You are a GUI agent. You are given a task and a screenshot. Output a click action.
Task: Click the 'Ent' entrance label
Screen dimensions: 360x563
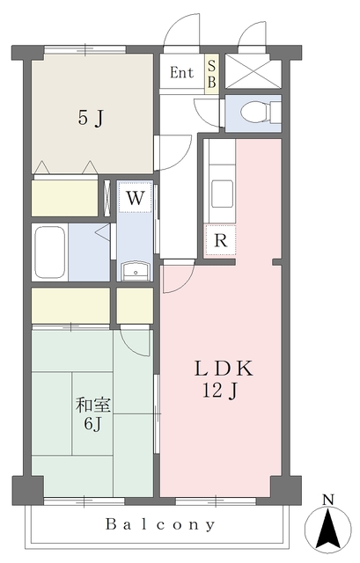coord(182,73)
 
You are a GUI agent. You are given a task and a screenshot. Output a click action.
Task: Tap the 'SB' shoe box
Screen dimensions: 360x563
coord(211,74)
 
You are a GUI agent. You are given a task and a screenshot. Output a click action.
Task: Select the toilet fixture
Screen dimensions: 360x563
coord(261,112)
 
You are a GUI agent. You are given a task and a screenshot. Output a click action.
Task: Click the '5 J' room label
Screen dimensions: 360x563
coord(91,118)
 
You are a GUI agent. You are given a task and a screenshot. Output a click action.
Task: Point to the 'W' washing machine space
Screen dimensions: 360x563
coord(136,197)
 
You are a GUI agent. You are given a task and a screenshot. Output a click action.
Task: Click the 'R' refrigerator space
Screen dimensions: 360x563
coord(220,240)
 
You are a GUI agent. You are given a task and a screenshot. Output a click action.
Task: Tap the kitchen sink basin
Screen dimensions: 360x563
coord(222,194)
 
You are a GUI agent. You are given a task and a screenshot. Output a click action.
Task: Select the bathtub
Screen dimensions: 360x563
coord(49,252)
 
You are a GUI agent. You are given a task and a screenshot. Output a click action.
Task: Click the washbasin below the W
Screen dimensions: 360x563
coord(136,270)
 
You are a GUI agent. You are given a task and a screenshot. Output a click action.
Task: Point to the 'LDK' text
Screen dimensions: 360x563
coord(224,369)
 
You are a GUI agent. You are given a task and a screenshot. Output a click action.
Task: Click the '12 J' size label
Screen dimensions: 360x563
coord(220,391)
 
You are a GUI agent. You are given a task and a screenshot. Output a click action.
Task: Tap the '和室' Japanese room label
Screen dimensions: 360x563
coord(93,406)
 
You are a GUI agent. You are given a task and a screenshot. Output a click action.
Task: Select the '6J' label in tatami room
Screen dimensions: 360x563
coord(92,424)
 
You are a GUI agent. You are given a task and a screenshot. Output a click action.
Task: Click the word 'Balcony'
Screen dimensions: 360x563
coord(160,525)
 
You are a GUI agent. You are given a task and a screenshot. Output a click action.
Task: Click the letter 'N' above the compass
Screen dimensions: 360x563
coord(327,500)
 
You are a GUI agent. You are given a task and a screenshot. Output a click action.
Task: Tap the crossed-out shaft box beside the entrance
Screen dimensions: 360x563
coord(253,71)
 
